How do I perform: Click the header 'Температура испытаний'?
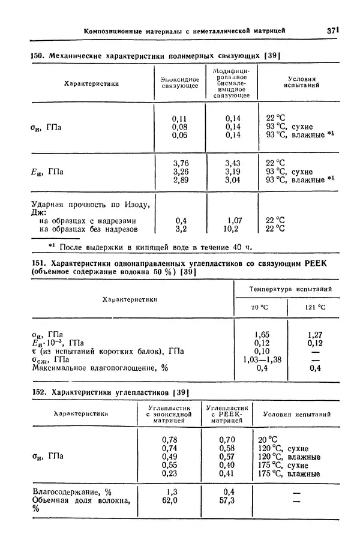pos(290,289)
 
